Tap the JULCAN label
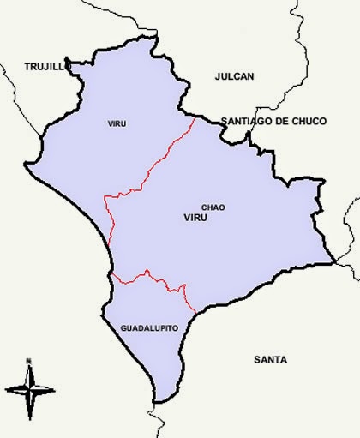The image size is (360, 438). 234,76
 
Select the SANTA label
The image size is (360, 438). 271,359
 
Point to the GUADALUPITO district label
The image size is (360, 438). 148,328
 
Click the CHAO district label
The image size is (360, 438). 213,207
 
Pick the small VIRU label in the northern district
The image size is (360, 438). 117,124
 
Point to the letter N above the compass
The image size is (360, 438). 28,360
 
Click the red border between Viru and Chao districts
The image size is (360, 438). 150,168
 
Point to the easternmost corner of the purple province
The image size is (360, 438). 333,262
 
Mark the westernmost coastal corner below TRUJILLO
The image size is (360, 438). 25,162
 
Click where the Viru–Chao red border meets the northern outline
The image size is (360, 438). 195,117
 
